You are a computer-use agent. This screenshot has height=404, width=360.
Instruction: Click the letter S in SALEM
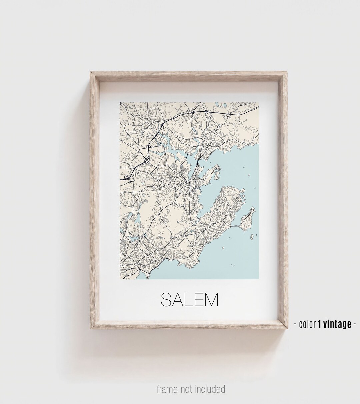(166, 300)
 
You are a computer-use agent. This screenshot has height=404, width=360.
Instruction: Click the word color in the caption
(307, 324)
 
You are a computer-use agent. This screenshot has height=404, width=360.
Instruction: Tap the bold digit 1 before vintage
(319, 324)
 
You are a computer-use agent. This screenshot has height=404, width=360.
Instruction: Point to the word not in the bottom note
(187, 389)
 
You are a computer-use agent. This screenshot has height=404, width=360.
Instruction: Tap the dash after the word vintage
(354, 324)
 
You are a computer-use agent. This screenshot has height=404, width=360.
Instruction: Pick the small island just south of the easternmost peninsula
(252, 237)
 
